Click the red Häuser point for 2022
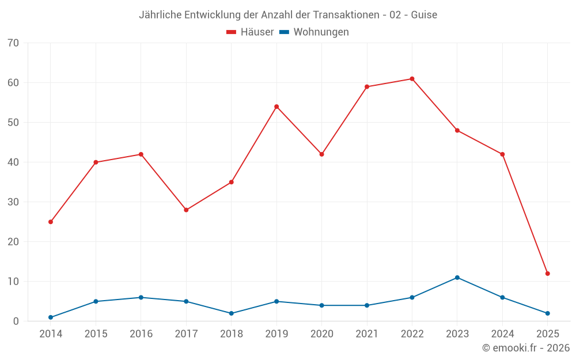click(412, 79)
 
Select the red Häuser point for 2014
click(51, 222)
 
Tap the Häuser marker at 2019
click(276, 107)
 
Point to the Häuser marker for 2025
click(548, 274)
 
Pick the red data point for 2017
click(186, 210)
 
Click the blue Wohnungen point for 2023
click(457, 278)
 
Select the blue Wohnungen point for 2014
click(51, 317)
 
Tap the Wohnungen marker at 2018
click(232, 313)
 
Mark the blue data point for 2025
click(548, 313)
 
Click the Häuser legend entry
click(250, 32)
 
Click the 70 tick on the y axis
click(13, 43)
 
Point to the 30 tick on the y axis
click(13, 202)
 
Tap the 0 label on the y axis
click(16, 321)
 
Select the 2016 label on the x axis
click(141, 334)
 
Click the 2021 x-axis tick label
click(367, 334)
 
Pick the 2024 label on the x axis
click(502, 334)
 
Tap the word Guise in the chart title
click(424, 15)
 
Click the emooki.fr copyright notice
click(526, 348)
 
